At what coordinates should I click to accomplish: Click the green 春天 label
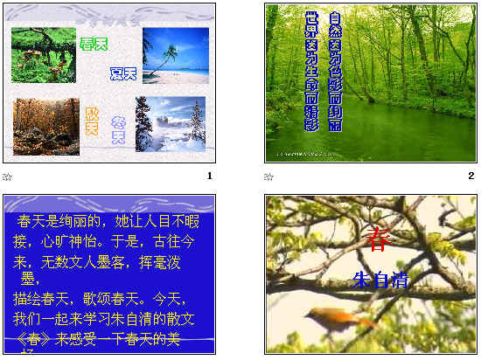coord(94,44)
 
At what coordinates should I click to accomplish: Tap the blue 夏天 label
coord(123,73)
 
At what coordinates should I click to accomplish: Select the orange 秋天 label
coord(91,120)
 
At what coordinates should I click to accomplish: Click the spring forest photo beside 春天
coord(43,54)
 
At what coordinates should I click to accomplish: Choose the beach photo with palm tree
coord(175,54)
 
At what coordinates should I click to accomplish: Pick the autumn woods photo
coord(46,126)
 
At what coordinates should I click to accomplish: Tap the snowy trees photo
coord(171,123)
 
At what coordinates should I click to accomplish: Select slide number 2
coord(471,176)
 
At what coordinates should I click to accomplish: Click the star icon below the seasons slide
coord(8,177)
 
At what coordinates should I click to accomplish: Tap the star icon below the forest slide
coord(270,177)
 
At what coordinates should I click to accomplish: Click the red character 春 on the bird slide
coord(378,239)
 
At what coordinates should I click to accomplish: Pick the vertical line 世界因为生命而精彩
coord(310,71)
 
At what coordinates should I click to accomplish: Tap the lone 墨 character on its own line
coord(30,279)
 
